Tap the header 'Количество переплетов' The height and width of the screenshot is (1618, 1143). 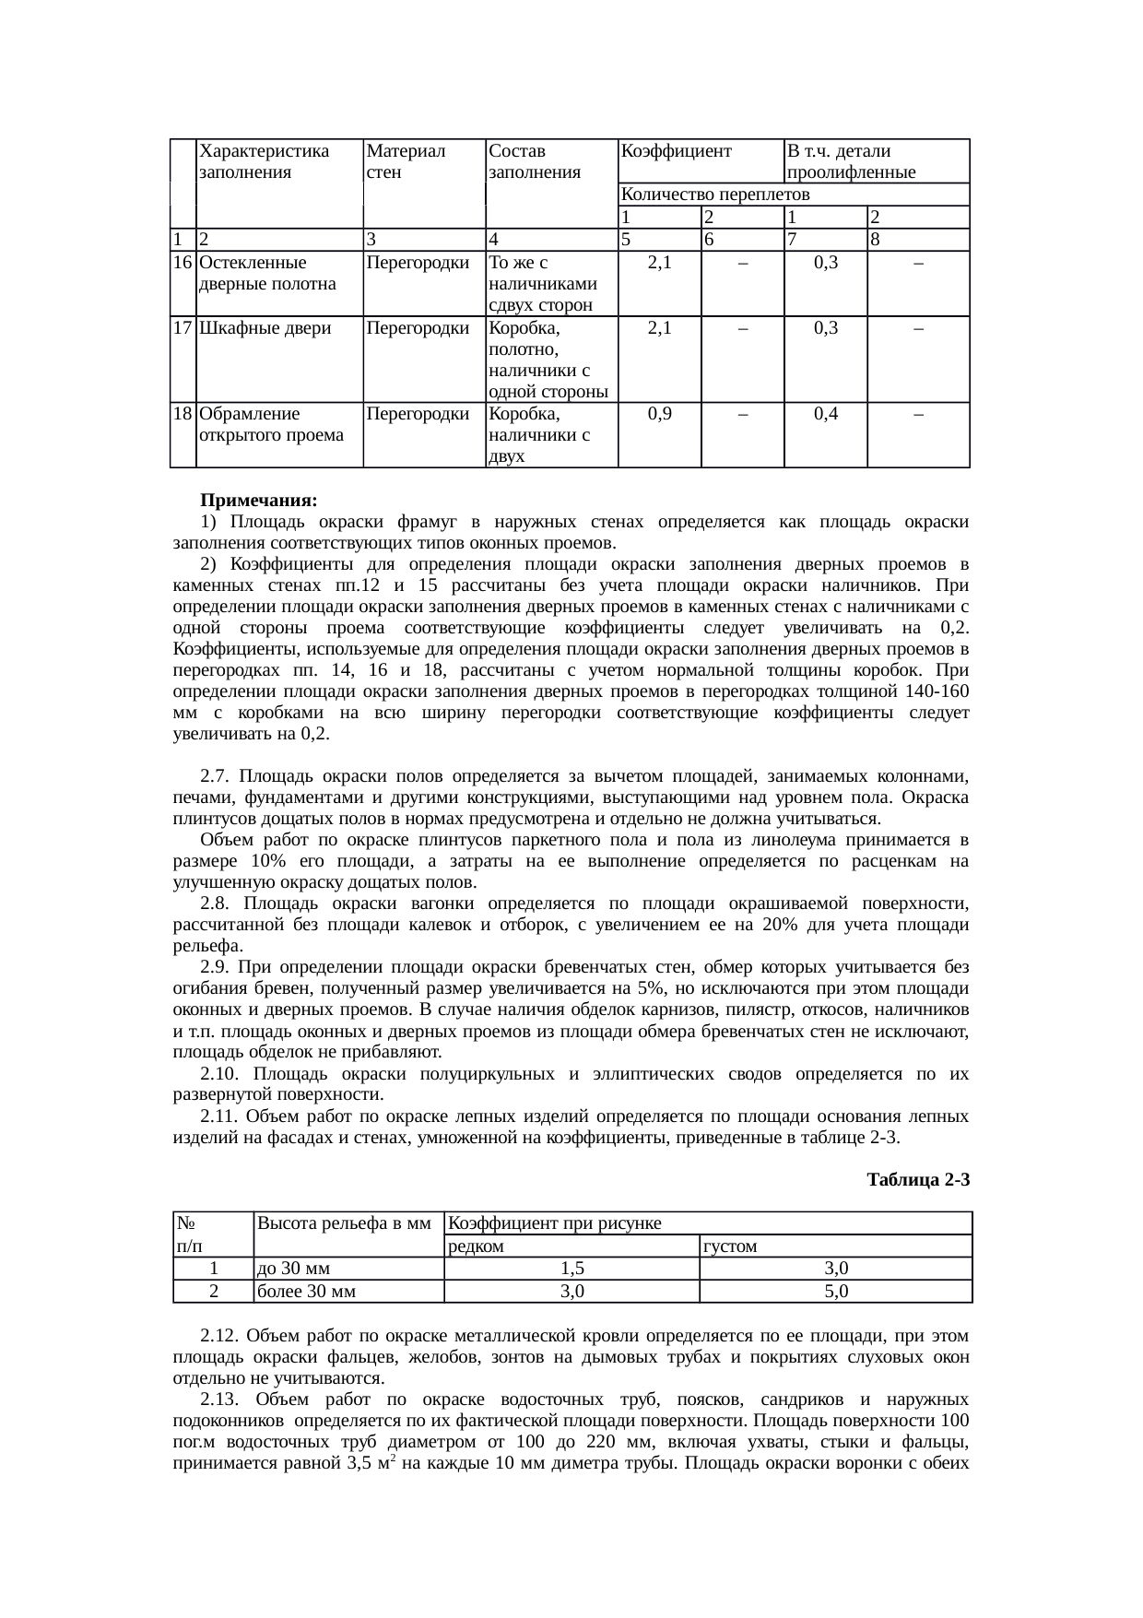click(715, 195)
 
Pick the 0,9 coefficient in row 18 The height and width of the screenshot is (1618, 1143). click(659, 414)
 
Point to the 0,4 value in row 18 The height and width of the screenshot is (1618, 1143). click(825, 414)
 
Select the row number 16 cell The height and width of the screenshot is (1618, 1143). click(183, 263)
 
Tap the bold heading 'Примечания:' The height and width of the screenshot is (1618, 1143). click(258, 501)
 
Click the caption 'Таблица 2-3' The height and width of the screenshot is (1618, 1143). click(918, 1179)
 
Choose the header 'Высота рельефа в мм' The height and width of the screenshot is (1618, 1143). click(345, 1224)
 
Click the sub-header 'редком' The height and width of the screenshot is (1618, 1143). click(475, 1246)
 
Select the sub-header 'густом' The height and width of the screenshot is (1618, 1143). click(729, 1246)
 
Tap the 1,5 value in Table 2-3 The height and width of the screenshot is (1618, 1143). click(571, 1270)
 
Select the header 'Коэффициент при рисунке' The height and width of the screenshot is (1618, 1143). click(554, 1223)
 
